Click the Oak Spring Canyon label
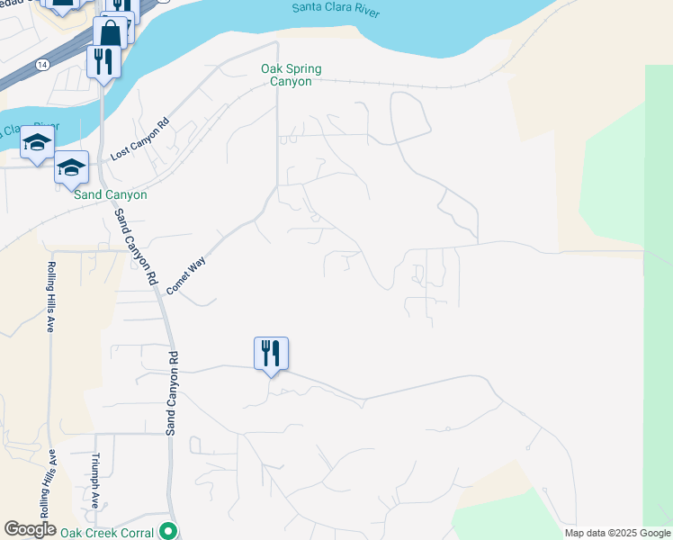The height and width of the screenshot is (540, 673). coord(291,75)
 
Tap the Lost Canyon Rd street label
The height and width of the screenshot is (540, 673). coord(139,141)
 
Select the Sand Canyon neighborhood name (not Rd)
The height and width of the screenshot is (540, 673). coord(111,194)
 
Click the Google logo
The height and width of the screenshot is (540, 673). coord(30,529)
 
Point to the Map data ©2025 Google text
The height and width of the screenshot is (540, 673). coord(616,533)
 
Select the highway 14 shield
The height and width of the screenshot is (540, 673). coord(42,65)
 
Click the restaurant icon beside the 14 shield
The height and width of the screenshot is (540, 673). coord(103,61)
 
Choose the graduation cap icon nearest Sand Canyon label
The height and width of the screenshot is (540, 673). coord(72,167)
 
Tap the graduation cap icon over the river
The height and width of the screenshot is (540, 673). coord(37,144)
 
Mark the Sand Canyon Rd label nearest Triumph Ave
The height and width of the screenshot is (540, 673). coord(172,393)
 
